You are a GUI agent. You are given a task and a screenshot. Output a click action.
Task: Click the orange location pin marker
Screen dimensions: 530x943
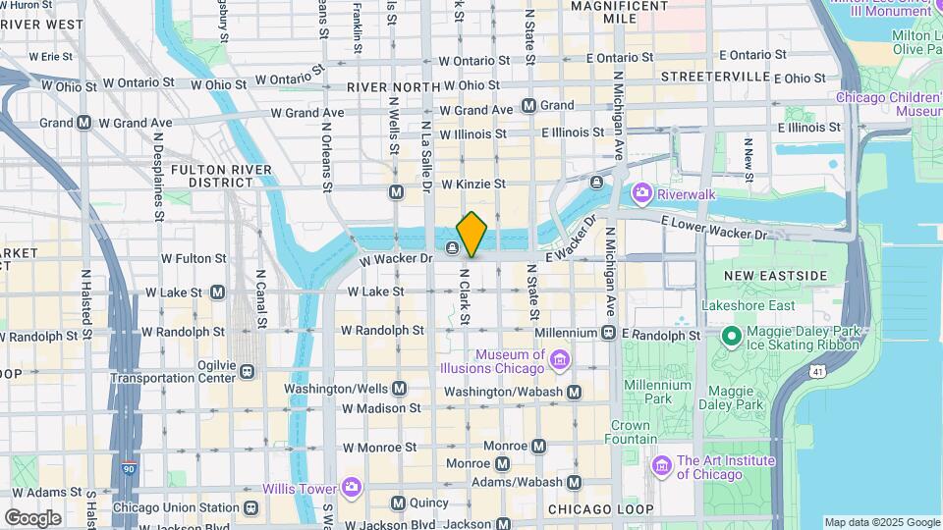click(471, 234)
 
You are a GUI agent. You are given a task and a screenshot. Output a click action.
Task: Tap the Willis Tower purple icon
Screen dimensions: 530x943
click(352, 488)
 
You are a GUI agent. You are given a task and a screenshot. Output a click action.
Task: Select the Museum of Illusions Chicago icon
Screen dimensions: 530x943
click(559, 362)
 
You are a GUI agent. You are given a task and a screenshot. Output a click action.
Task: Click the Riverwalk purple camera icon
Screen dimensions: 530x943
click(642, 193)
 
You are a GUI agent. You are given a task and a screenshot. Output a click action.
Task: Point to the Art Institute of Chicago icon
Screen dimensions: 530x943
click(662, 463)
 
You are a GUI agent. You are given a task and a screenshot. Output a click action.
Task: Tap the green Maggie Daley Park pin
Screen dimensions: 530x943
click(731, 337)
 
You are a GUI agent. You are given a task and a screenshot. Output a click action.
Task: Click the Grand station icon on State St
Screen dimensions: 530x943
click(529, 105)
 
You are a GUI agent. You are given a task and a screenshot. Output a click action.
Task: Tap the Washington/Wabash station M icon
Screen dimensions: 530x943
click(575, 392)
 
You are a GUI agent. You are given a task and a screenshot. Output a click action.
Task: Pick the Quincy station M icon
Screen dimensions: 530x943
click(398, 503)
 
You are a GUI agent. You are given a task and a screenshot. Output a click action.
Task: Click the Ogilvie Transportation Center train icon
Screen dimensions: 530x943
click(247, 371)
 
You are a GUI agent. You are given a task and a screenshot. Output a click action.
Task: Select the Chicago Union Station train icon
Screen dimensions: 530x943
click(252, 507)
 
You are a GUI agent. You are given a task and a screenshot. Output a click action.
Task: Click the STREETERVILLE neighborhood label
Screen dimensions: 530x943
click(715, 76)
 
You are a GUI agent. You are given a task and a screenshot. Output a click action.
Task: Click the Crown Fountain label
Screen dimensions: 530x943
click(631, 433)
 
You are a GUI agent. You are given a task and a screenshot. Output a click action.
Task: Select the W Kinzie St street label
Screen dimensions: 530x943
click(473, 184)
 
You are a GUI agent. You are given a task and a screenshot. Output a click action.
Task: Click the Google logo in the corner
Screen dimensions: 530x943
click(32, 517)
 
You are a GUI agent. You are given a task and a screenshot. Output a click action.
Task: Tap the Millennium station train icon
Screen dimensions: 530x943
click(609, 334)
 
